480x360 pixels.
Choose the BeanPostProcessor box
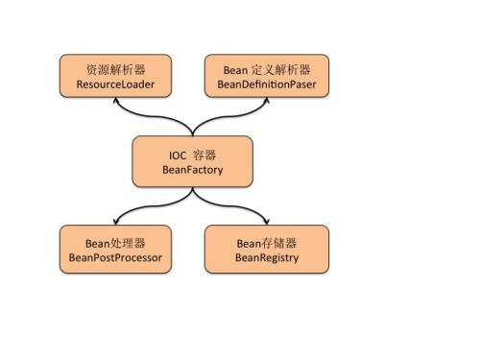point(116,249)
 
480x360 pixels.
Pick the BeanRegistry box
point(267,249)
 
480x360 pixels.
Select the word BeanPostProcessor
point(116,258)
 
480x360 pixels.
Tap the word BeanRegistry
point(267,258)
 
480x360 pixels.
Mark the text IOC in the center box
point(176,153)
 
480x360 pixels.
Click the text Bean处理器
point(116,241)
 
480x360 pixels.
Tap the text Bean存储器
point(267,241)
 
